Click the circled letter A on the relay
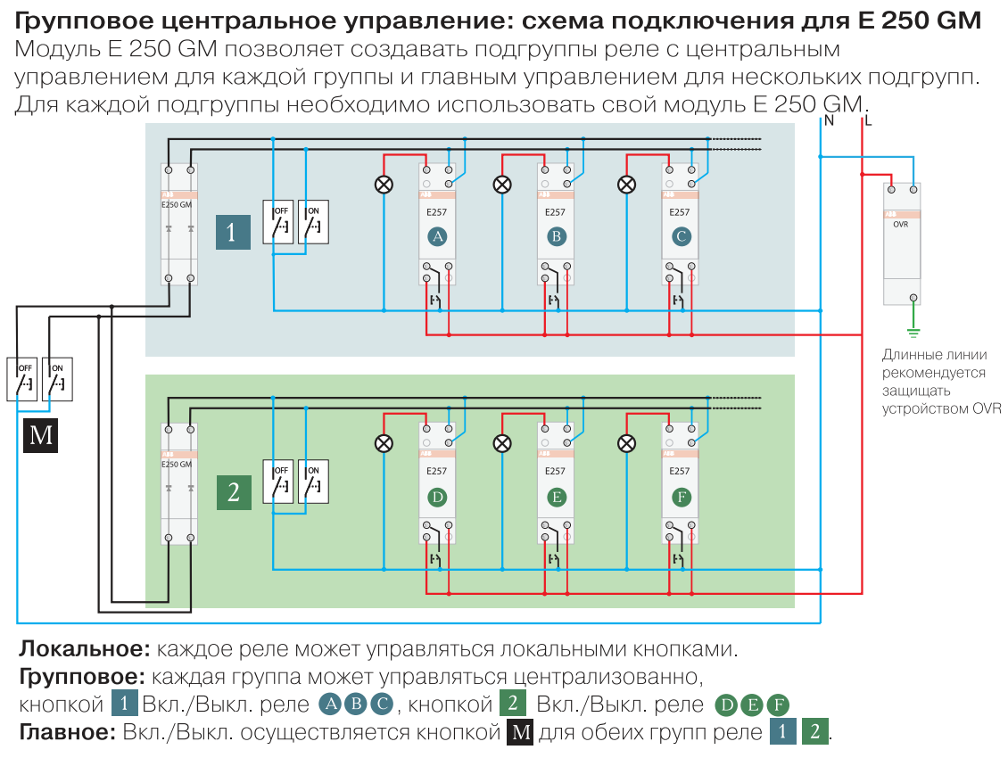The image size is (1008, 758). [437, 236]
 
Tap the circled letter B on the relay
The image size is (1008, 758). [557, 236]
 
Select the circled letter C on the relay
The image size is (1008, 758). [682, 236]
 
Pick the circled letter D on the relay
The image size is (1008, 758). [437, 497]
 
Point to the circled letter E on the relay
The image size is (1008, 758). [557, 497]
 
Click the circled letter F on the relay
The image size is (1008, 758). [682, 497]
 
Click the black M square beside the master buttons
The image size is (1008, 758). [41, 435]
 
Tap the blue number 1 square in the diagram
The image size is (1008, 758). [233, 232]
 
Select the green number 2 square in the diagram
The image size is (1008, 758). [234, 492]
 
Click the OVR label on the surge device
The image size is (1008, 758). [901, 225]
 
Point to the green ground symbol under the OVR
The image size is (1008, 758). [913, 334]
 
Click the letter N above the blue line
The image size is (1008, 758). [829, 120]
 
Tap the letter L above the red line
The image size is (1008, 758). [869, 120]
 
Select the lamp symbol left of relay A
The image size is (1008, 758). [384, 185]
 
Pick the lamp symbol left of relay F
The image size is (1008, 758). [628, 443]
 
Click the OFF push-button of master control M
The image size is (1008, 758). [23, 379]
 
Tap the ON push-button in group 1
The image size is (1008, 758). [313, 222]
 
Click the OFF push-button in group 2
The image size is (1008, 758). [278, 482]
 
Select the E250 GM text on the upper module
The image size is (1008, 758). [176, 204]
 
